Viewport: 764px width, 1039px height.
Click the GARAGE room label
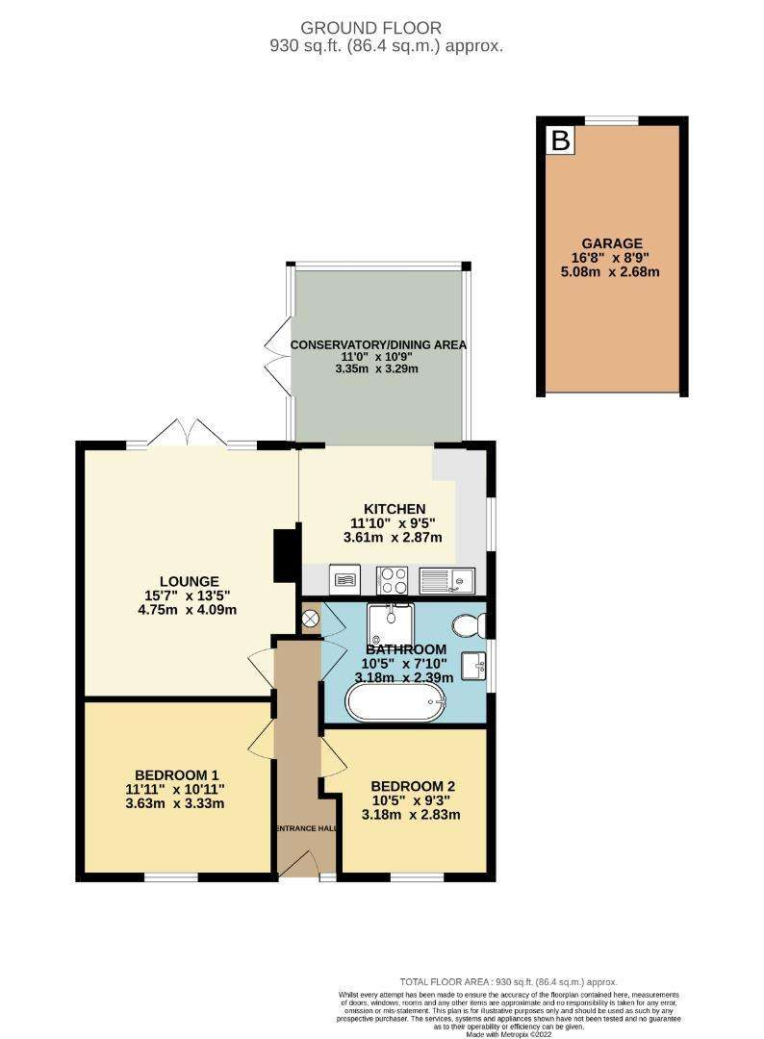pos(612,243)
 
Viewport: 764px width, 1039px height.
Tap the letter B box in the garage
pos(561,140)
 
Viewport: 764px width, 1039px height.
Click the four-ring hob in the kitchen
pos(392,580)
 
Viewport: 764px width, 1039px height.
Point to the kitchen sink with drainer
pos(446,580)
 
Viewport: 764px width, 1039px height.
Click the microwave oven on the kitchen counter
pos(344,580)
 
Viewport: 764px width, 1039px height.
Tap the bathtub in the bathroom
pos(395,702)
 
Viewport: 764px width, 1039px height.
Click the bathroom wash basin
pos(475,666)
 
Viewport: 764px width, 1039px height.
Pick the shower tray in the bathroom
pos(391,624)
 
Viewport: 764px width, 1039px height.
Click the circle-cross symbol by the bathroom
pos(310,619)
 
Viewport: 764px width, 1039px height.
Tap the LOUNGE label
pos(189,582)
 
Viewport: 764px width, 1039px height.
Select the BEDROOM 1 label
pos(176,774)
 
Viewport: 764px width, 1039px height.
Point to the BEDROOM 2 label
pos(412,786)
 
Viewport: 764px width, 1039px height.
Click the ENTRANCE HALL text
pos(305,828)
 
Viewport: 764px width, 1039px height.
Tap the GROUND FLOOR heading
pos(371,28)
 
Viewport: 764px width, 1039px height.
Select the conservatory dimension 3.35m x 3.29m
pos(377,368)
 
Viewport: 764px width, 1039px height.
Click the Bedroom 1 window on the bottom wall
pos(171,878)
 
